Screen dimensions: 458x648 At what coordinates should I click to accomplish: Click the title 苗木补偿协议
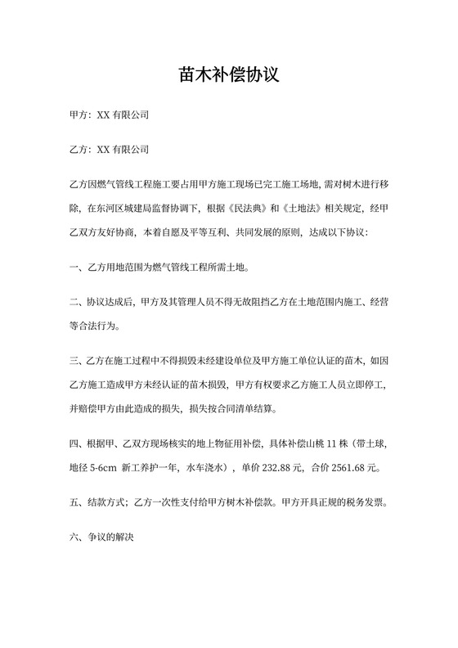229,75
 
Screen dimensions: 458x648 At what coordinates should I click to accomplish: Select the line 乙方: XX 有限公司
110,150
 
